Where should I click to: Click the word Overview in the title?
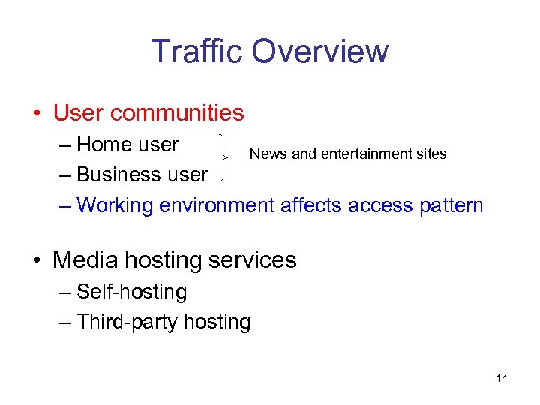(320, 51)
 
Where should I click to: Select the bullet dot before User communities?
(37, 114)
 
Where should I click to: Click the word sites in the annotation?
(433, 154)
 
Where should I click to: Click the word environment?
(217, 205)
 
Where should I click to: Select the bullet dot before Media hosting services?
(37, 260)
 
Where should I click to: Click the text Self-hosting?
(131, 292)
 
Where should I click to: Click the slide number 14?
(502, 378)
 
